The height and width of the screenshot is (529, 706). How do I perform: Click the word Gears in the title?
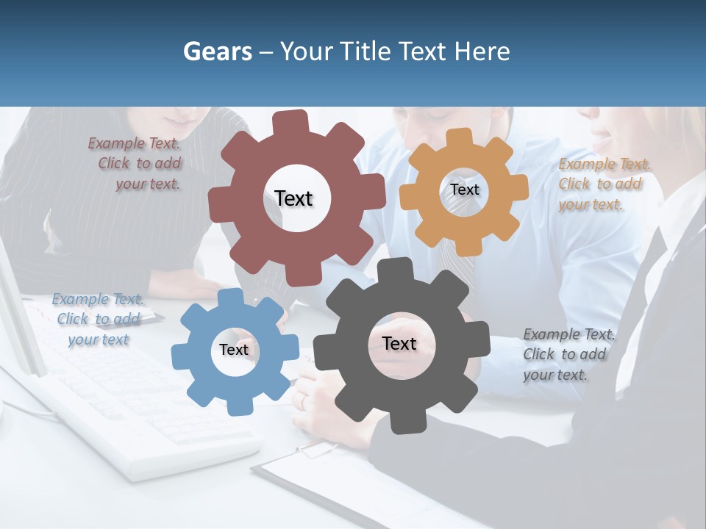[x=218, y=51]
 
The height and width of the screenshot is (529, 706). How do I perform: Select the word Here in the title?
[x=482, y=51]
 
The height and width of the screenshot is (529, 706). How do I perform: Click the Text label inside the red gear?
[x=293, y=198]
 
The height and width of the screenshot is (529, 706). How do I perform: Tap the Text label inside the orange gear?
[x=464, y=190]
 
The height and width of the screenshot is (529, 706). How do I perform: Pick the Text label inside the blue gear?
[x=233, y=350]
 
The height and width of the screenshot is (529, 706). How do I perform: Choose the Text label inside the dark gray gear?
[x=399, y=343]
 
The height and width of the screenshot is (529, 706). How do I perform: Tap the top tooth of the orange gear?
[x=460, y=137]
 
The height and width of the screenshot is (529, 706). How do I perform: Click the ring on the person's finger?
[x=303, y=400]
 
